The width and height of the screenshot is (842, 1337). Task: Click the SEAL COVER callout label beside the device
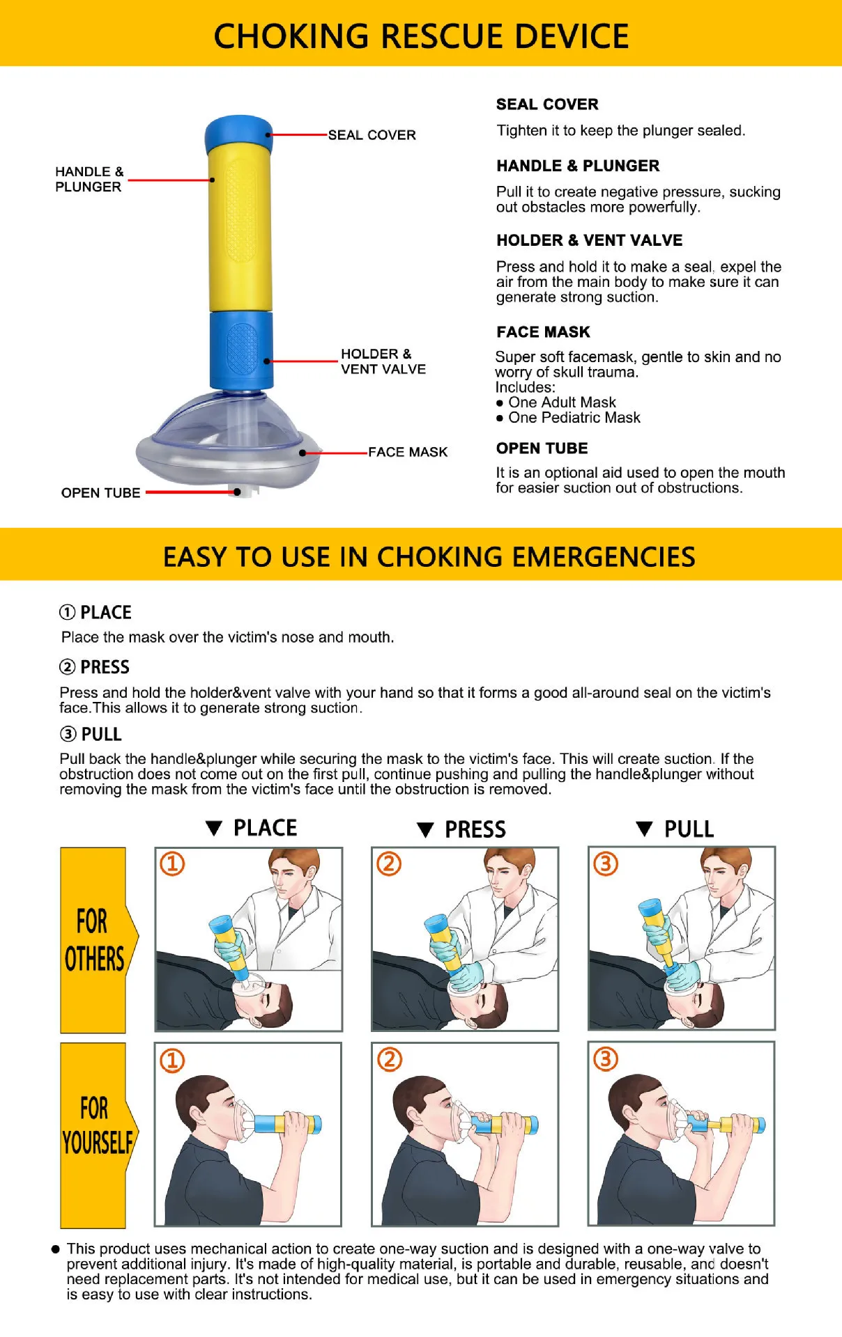click(372, 135)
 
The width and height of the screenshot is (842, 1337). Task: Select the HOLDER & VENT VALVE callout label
click(383, 361)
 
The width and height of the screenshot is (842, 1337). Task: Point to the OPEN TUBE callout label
click(100, 493)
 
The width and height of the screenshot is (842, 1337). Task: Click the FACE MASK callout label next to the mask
click(408, 452)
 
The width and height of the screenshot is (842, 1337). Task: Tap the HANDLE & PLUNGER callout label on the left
click(89, 179)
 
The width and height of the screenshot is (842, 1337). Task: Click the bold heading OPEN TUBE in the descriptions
click(542, 448)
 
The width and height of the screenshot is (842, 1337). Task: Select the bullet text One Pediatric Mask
click(574, 418)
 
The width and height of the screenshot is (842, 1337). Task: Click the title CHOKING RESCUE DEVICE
click(421, 36)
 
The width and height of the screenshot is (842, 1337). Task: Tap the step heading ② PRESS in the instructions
click(94, 667)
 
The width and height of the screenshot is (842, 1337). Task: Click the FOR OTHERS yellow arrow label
click(94, 940)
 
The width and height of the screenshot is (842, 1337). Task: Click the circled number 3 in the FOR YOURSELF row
click(606, 1059)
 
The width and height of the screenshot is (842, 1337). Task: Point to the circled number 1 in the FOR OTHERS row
click(172, 863)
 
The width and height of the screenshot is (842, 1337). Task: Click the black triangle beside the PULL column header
click(644, 829)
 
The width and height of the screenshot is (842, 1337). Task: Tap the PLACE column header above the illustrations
click(265, 828)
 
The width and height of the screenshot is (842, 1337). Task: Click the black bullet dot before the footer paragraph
click(56, 1249)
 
